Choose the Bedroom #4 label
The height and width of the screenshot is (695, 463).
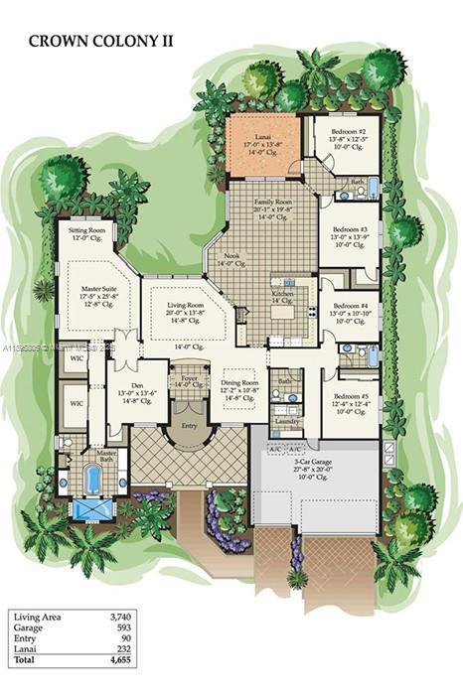pos(350,306)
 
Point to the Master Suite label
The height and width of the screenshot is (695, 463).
pos(99,290)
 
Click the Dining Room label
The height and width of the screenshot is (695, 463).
pos(239,382)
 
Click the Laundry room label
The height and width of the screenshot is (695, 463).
pos(288,420)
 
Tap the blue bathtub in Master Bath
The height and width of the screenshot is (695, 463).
pos(93,480)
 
